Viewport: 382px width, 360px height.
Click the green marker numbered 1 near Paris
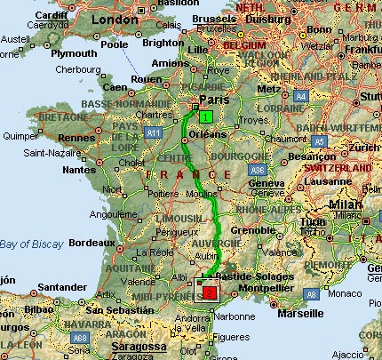point(206,116)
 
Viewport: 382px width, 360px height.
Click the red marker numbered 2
point(210,292)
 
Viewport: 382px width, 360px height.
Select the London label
point(116,19)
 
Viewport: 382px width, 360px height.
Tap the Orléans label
point(209,133)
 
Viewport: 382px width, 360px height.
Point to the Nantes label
point(79,169)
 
